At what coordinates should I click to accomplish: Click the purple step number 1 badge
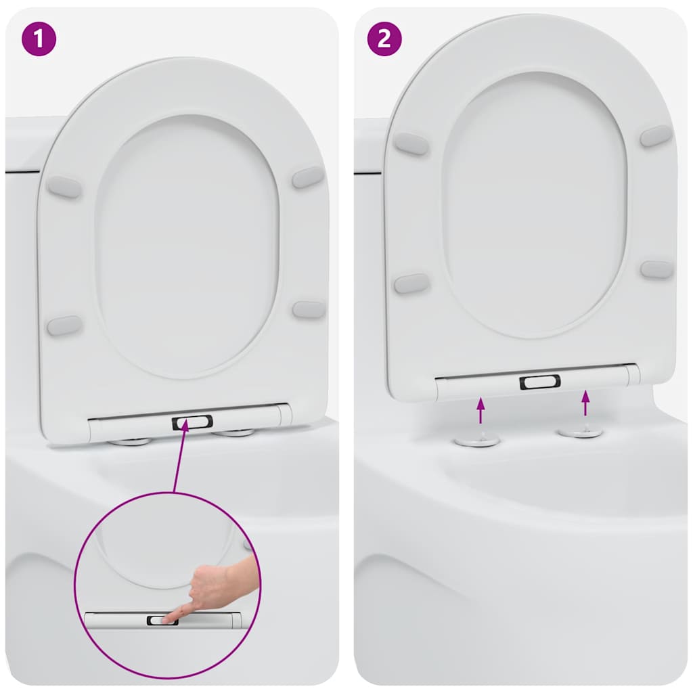pyautogui.click(x=38, y=38)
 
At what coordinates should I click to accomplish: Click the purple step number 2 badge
pyautogui.click(x=384, y=38)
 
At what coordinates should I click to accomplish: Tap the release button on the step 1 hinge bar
pyautogui.click(x=192, y=423)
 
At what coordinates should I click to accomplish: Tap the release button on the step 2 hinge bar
pyautogui.click(x=539, y=382)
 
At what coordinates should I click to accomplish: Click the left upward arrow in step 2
pyautogui.click(x=480, y=411)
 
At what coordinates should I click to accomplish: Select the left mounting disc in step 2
pyautogui.click(x=477, y=441)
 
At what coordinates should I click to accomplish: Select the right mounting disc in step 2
pyautogui.click(x=581, y=432)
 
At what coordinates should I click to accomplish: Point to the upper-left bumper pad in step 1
pyautogui.click(x=64, y=187)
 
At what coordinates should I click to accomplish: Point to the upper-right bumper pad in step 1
pyautogui.click(x=308, y=177)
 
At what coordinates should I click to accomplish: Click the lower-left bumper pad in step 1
pyautogui.click(x=64, y=326)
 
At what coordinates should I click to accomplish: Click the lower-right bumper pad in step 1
pyautogui.click(x=309, y=309)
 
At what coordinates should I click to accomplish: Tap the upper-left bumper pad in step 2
pyautogui.click(x=411, y=143)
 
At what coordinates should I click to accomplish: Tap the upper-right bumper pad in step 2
pyautogui.click(x=656, y=135)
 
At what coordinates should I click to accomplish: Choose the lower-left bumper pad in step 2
pyautogui.click(x=411, y=284)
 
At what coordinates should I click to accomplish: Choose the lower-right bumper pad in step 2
pyautogui.click(x=656, y=269)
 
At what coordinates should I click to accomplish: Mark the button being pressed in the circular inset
pyautogui.click(x=162, y=620)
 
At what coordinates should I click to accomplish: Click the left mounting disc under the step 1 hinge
pyautogui.click(x=131, y=442)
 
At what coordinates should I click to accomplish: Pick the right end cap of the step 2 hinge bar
pyautogui.click(x=632, y=374)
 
